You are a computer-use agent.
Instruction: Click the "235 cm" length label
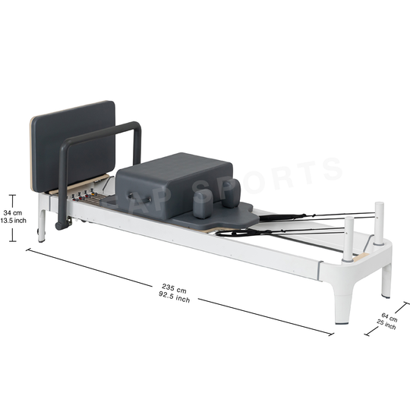click(174, 288)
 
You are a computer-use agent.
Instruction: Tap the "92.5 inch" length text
click(174, 297)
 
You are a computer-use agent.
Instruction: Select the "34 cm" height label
click(13, 213)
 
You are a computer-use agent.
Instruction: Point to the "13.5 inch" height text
click(14, 221)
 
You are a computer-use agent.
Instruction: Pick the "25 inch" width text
click(386, 325)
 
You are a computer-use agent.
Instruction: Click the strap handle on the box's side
click(140, 197)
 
